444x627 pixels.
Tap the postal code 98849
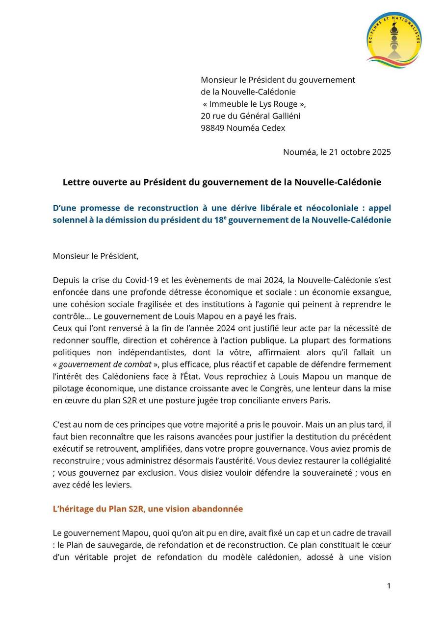[x=212, y=128]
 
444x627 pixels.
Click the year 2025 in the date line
[x=381, y=152]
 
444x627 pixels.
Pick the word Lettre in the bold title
[x=76, y=182]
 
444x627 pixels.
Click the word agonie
[x=282, y=304]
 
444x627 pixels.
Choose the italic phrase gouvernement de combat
[x=105, y=364]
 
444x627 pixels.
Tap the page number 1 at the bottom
[x=389, y=586]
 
